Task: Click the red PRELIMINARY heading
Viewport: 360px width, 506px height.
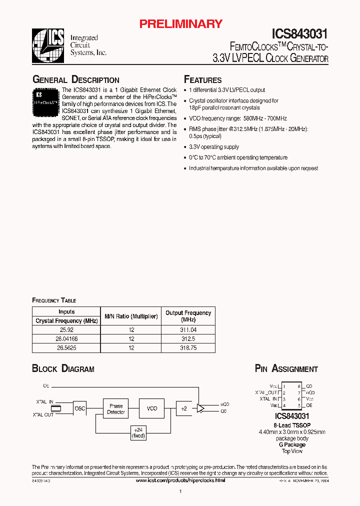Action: [x=180, y=23]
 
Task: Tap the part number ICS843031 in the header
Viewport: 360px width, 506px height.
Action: [x=299, y=34]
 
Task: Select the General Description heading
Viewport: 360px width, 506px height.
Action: [x=75, y=80]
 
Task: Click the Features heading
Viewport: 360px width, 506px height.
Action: [x=202, y=80]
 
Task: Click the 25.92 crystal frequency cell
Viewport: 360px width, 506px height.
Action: [x=66, y=330]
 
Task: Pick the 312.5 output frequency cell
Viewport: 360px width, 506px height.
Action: [x=188, y=339]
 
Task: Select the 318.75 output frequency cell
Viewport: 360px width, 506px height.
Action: [x=188, y=347]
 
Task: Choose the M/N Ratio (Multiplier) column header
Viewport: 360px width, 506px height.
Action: [x=131, y=316]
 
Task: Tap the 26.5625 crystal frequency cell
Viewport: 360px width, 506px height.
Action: [x=66, y=347]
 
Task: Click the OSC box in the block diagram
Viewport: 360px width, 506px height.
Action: [x=80, y=408]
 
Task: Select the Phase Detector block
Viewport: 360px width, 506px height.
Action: [x=116, y=408]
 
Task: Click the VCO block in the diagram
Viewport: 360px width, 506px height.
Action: [x=152, y=408]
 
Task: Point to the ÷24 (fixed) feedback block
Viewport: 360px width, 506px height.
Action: [x=137, y=432]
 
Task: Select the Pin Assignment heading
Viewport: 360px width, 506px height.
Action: [x=286, y=369]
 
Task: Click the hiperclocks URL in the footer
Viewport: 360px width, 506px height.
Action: [x=180, y=480]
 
